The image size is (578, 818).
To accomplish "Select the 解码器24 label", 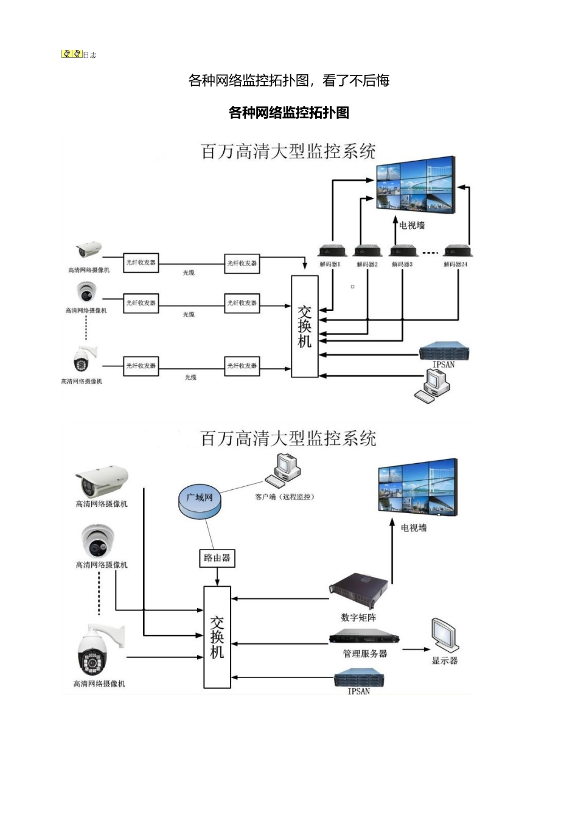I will coord(455,265).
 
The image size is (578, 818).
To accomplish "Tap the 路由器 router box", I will coord(217,558).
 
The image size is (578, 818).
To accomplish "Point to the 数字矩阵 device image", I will coord(359,591).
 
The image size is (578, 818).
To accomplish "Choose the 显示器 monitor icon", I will coord(445,636).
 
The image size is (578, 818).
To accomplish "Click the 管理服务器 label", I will coord(364,654).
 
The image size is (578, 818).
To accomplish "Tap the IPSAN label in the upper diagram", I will coord(444,365).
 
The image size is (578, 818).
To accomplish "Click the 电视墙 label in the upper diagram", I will coord(412,226).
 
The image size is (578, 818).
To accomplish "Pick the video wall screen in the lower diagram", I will coord(417,487).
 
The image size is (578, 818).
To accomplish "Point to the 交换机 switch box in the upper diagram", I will coord(305,326).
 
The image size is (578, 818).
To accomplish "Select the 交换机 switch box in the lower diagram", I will coord(217,637).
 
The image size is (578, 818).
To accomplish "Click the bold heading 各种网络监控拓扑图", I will coord(289,113).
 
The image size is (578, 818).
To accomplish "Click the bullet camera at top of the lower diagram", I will coord(101,482).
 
